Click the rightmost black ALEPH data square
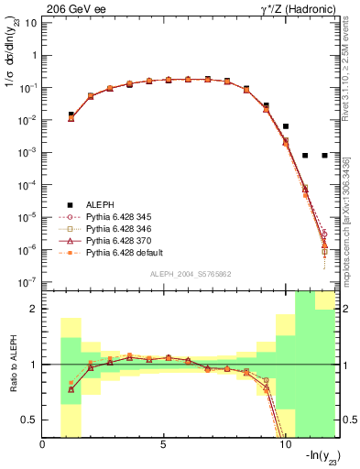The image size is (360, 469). (x=325, y=156)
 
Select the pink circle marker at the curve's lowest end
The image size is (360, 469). (x=325, y=234)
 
